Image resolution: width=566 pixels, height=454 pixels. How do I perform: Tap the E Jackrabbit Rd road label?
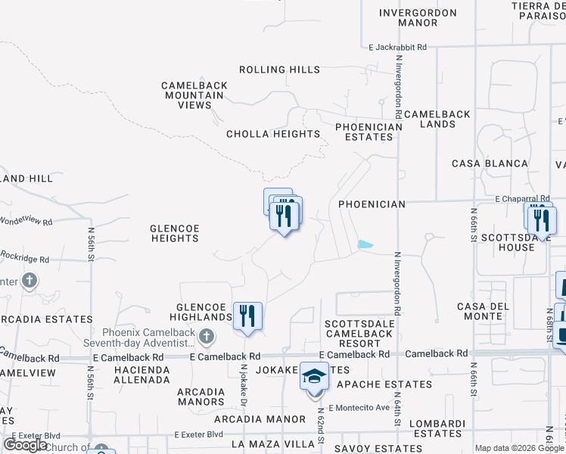393,47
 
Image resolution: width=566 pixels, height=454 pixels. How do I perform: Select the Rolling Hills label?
279,70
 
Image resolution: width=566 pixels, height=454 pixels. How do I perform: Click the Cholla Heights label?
273,134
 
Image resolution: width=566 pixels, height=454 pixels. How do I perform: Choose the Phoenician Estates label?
369,132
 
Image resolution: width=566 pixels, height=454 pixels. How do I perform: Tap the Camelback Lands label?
437,119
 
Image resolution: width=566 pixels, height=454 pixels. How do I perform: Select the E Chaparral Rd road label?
522,198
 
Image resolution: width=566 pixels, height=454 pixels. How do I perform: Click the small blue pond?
365,244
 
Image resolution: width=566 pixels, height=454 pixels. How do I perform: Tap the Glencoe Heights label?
174,232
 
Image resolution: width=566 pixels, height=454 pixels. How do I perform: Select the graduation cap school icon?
315,376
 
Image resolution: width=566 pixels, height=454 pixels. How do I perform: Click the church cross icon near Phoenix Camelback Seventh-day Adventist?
206,336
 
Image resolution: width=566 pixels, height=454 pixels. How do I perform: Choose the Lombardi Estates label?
438,428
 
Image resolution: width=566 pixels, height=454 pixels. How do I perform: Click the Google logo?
25,445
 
